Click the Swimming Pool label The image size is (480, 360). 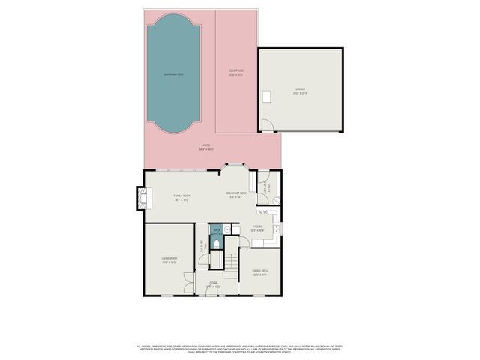173,75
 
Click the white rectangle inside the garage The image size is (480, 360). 268,96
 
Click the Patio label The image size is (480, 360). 205,148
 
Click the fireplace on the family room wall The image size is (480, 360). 139,197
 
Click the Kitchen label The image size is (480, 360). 257,227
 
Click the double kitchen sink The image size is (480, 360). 277,227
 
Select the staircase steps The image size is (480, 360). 232,262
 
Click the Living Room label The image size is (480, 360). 168,260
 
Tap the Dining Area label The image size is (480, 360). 261,271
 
